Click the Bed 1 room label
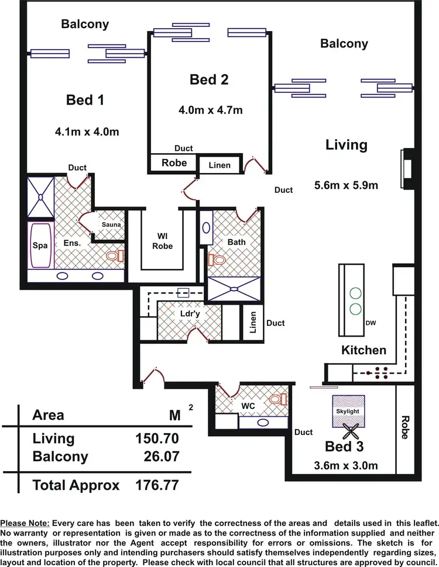tap(85, 100)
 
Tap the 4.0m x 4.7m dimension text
tap(210, 109)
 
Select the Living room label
tap(347, 145)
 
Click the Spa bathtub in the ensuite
tap(40, 246)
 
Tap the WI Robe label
tap(163, 241)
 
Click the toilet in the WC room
tap(276, 399)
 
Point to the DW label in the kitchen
tap(370, 323)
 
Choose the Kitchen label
tap(364, 350)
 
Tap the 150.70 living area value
tap(155, 438)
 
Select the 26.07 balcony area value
tap(158, 457)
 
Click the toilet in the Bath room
tap(217, 259)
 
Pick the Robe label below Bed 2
tap(174, 163)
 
